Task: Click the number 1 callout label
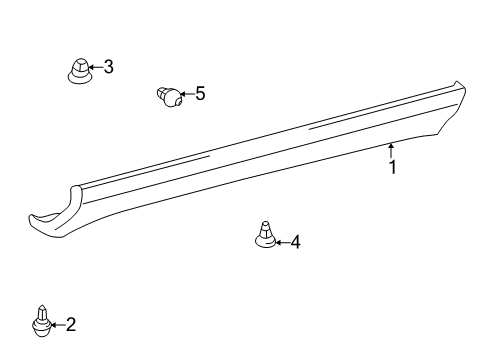click(x=392, y=168)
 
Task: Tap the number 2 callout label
click(x=70, y=324)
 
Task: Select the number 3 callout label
click(x=109, y=67)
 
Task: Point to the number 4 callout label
click(x=294, y=242)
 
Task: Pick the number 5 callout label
click(x=200, y=94)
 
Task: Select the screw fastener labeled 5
click(x=171, y=97)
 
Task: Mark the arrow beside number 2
click(x=57, y=324)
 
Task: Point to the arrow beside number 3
click(x=95, y=68)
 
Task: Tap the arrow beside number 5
click(x=187, y=95)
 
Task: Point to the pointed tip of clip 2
click(x=41, y=307)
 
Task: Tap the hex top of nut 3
click(x=78, y=63)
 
